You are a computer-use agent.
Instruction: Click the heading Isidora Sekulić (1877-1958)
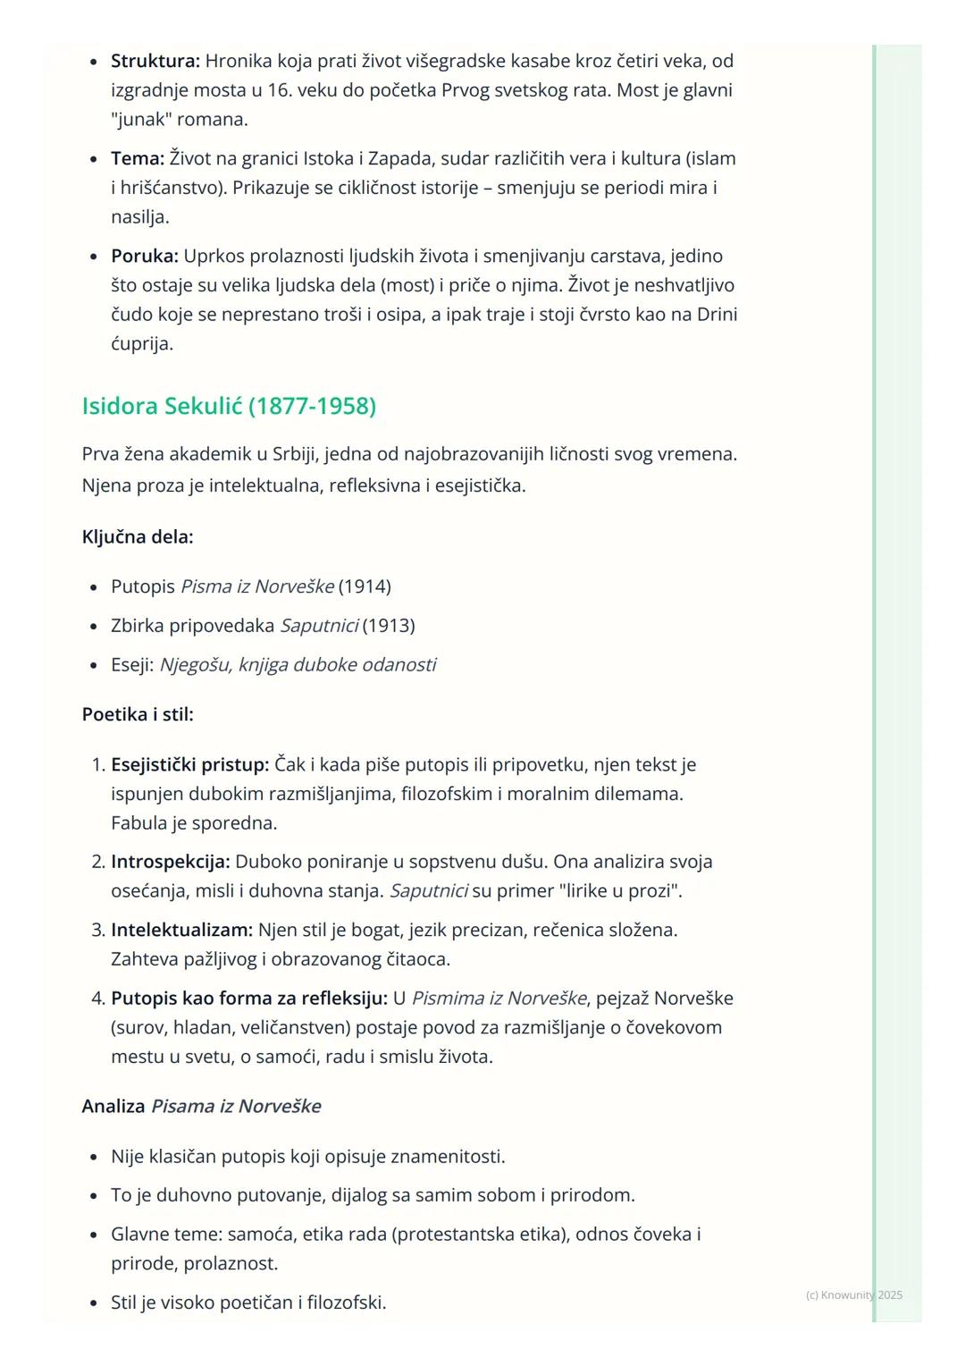(229, 406)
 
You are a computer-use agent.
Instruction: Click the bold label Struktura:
(155, 61)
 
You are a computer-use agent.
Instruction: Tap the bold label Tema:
(138, 158)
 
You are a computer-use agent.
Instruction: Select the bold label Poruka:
(145, 256)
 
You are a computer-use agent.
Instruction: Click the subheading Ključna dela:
(138, 536)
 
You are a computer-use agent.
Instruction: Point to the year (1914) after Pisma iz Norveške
(365, 586)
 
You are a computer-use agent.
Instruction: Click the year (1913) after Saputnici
(389, 625)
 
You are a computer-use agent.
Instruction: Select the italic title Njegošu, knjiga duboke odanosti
(298, 664)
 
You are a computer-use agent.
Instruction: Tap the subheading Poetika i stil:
(138, 714)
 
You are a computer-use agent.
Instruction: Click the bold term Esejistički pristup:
(189, 764)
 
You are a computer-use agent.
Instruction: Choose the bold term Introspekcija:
(170, 862)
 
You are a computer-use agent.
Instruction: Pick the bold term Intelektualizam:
(181, 930)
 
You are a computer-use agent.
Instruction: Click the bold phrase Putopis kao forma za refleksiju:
(248, 998)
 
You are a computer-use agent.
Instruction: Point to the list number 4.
(98, 998)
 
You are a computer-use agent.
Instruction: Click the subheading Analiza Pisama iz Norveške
(201, 1106)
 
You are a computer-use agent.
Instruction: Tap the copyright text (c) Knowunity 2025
(853, 1294)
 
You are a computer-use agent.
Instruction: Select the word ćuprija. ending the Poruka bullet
(142, 343)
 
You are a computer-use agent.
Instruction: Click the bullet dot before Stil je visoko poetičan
(94, 1303)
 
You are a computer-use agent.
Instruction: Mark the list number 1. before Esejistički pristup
(98, 764)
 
